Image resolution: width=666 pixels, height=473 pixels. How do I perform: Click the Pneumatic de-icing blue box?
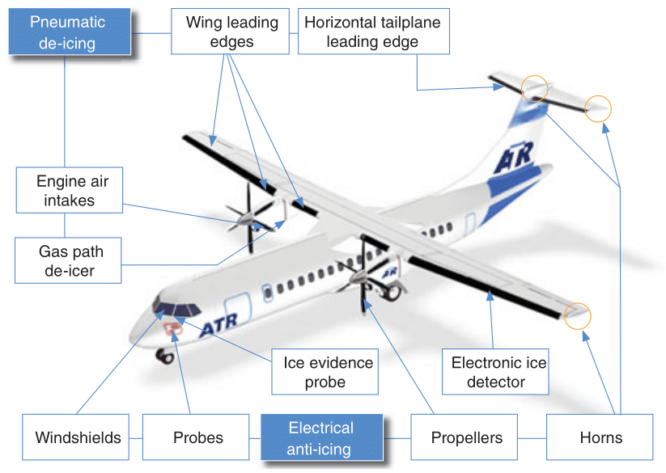pyautogui.click(x=67, y=32)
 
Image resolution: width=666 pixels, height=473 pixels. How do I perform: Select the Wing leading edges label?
pyautogui.click(x=231, y=32)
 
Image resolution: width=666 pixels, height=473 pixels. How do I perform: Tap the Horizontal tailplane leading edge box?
pyautogui.click(x=372, y=32)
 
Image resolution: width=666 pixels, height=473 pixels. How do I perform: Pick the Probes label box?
pyautogui.click(x=198, y=438)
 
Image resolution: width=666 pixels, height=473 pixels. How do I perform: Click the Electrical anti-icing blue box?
pyautogui.click(x=320, y=438)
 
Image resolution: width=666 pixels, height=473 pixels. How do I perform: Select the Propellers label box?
pyautogui.click(x=466, y=438)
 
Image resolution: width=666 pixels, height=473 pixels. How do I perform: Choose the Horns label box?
pyautogui.click(x=601, y=438)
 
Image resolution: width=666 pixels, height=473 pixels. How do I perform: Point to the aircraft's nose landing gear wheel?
pyautogui.click(x=167, y=355)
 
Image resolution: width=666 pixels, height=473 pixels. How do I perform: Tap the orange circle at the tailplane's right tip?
pyautogui.click(x=598, y=108)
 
